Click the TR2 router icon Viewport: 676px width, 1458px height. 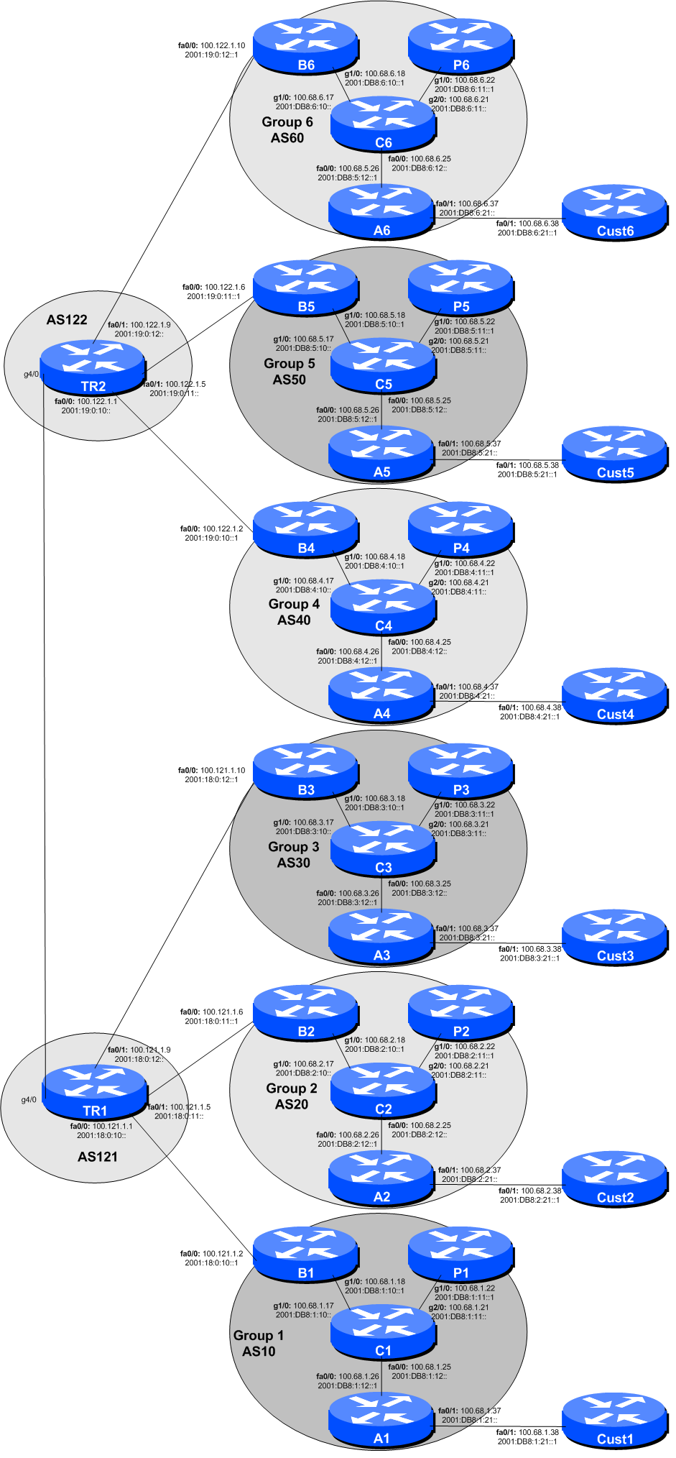[93, 367]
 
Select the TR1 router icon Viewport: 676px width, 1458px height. [94, 1091]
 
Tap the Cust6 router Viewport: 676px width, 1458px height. [615, 211]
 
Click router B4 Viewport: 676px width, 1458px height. [306, 529]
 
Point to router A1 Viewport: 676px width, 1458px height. [381, 1419]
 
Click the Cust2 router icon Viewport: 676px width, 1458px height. [615, 1178]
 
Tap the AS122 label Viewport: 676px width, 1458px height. [67, 320]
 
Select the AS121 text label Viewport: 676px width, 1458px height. [98, 1157]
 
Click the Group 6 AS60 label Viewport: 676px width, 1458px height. [287, 130]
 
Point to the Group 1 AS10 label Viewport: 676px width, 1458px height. [259, 1343]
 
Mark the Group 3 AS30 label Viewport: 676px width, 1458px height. [294, 855]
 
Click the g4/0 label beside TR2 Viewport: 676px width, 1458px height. [32, 374]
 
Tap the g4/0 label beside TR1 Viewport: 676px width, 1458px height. [29, 1099]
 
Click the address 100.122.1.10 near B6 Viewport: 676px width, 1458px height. [223, 45]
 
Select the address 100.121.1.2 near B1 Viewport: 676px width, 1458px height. [223, 1253]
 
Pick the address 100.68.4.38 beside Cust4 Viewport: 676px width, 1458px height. [541, 707]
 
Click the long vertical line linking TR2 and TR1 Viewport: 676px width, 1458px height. [45, 719]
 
